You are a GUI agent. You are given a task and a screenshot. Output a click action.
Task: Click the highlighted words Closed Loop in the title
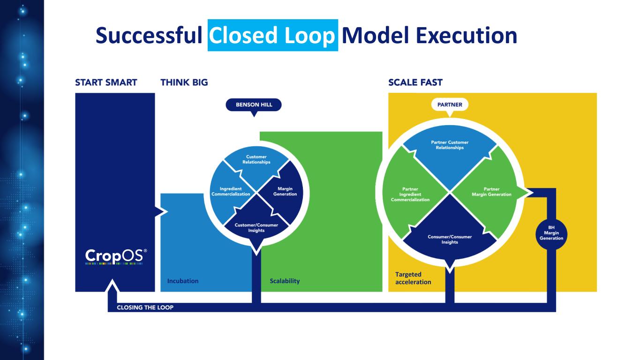(x=272, y=35)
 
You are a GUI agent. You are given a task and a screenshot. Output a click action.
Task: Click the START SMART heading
(x=106, y=82)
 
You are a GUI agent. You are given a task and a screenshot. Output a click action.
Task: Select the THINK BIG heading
(x=184, y=82)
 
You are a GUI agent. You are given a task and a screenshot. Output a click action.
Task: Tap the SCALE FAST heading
(x=415, y=82)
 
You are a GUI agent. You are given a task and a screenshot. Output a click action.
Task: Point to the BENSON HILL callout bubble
(x=254, y=105)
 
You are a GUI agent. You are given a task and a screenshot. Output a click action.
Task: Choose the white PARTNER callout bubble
(x=450, y=105)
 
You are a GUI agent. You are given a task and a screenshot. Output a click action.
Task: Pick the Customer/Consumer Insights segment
(x=256, y=227)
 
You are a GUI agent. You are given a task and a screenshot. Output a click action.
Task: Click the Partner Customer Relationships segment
(x=450, y=145)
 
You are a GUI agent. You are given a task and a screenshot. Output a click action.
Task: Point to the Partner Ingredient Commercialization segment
(x=410, y=194)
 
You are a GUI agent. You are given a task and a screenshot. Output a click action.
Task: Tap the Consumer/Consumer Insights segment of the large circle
(x=450, y=239)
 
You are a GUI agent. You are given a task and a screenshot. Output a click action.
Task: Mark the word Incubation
(x=183, y=281)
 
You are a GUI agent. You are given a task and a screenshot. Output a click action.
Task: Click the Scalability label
(x=285, y=281)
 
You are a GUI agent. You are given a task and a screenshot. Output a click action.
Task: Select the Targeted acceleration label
(x=413, y=278)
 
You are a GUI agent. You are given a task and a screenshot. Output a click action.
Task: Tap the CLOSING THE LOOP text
(x=145, y=307)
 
